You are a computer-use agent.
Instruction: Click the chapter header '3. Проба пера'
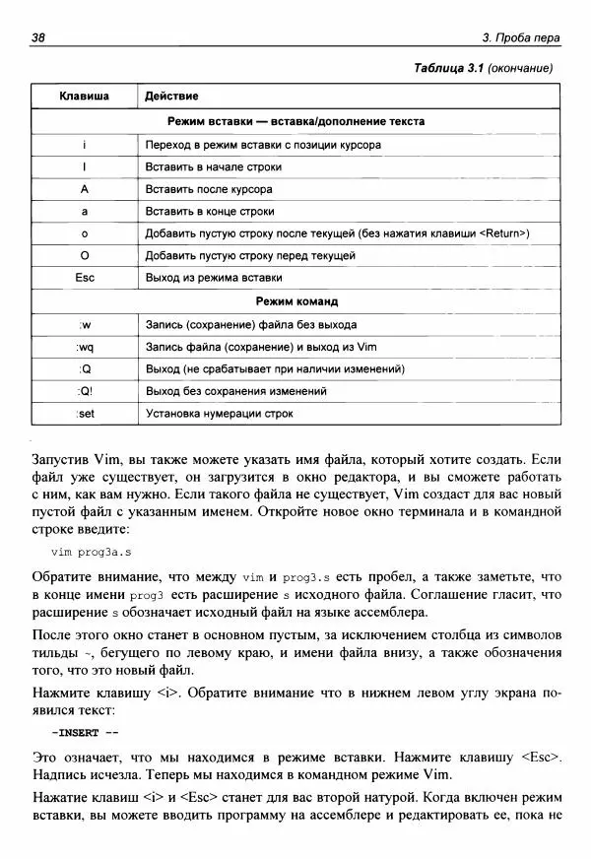(521, 38)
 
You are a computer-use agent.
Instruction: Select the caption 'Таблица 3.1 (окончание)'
(484, 68)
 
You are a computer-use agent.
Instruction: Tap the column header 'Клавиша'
(85, 97)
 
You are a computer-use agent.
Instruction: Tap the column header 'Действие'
(171, 97)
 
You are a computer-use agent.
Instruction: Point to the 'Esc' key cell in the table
(85, 278)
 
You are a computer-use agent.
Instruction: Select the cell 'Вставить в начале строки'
(208, 166)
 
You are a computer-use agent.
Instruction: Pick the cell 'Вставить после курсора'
(208, 189)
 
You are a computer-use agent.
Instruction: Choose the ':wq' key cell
(85, 347)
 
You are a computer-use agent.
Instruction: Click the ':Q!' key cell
(85, 391)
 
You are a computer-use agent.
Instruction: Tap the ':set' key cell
(85, 414)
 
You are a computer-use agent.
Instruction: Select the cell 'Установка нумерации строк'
(219, 414)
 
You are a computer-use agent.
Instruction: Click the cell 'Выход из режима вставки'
(208, 278)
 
